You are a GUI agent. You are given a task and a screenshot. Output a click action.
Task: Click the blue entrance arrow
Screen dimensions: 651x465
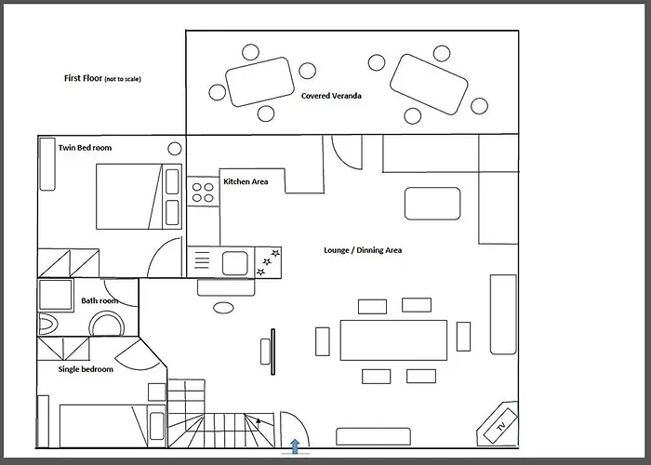[295, 446]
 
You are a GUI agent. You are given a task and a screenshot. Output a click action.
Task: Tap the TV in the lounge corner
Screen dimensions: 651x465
[500, 426]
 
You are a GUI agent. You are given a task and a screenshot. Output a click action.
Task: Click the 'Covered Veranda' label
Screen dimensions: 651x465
[331, 96]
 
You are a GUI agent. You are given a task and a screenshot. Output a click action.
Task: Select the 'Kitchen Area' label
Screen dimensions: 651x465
[246, 181]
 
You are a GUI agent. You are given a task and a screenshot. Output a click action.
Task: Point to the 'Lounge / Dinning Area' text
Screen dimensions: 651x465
[363, 250]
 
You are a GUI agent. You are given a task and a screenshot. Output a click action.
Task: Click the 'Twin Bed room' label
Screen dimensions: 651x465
[86, 147]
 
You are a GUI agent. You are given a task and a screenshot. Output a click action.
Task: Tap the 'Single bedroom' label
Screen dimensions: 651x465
[86, 369]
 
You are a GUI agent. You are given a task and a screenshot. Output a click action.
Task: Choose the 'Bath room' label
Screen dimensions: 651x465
[100, 300]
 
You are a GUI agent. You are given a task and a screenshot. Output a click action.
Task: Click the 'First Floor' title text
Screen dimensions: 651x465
[83, 78]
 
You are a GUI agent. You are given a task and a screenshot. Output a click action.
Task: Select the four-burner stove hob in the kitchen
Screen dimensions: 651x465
[203, 193]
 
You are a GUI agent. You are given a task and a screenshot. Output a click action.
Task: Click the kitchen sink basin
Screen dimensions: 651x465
[235, 263]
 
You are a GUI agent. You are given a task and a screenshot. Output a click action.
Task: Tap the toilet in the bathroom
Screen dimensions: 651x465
[49, 324]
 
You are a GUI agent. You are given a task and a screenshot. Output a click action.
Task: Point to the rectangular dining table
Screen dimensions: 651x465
[393, 340]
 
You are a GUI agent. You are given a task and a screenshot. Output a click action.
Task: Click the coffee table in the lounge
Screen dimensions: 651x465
[432, 204]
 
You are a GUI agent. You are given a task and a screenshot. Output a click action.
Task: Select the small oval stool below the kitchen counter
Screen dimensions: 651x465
[223, 308]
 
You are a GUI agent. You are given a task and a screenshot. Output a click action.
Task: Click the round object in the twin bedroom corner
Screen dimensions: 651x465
[175, 148]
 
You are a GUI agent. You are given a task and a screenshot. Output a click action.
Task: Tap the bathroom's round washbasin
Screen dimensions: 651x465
[108, 324]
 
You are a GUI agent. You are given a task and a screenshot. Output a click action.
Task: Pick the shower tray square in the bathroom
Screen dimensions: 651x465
[56, 295]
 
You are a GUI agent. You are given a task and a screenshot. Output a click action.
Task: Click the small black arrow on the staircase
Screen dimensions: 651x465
[259, 421]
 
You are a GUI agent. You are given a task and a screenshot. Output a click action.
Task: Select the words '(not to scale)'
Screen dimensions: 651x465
[123, 79]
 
